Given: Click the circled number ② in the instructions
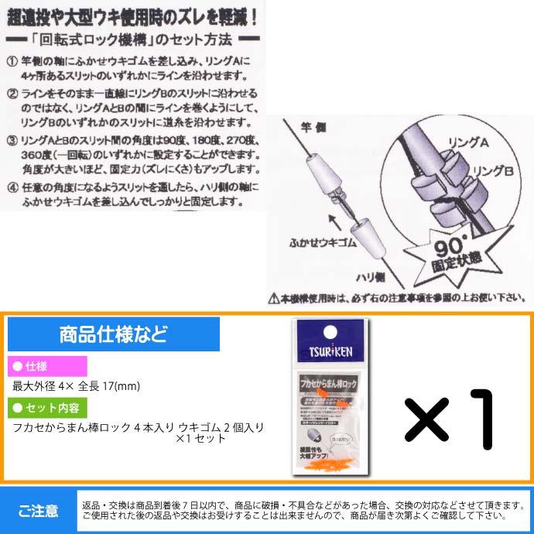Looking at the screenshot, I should click(x=11, y=94).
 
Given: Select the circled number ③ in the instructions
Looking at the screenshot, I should click(x=11, y=140).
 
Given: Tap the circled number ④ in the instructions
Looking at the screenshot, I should click(x=11, y=187).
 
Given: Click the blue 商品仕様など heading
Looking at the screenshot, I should click(x=113, y=335).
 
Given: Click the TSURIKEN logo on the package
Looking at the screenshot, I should click(x=331, y=347).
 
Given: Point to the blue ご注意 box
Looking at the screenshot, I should click(x=39, y=510).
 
